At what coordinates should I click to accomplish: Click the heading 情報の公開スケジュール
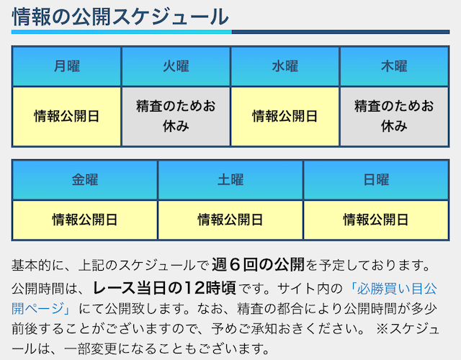120,17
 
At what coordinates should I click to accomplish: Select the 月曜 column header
67,66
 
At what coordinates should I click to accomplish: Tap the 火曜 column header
176,66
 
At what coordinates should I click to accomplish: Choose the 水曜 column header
285,66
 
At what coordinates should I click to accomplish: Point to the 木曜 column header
394,66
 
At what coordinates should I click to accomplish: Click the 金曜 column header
85,180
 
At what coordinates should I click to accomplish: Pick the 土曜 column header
230,180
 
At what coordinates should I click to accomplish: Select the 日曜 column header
376,180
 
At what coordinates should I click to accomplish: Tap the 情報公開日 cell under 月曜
67,117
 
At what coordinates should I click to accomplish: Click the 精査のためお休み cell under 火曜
176,117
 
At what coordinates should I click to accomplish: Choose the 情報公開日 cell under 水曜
285,117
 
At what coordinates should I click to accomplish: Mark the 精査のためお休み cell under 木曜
394,117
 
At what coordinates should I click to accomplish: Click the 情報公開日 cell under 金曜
85,220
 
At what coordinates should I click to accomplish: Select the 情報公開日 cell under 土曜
230,220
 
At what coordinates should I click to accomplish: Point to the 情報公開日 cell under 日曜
376,220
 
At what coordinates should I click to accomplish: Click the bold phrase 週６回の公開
258,264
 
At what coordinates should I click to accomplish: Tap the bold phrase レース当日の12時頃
164,288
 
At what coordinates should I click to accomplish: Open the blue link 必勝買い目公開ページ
224,299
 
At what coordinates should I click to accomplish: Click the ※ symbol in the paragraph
382,329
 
